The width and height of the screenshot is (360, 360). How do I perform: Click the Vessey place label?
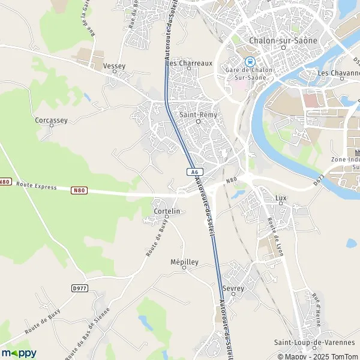point(114,65)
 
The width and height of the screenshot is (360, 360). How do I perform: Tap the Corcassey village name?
point(52,120)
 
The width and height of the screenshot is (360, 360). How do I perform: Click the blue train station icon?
point(248,61)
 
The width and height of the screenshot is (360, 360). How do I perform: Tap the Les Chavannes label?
point(338,73)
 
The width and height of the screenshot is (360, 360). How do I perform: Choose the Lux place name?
point(281,197)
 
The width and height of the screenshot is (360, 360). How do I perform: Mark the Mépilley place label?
point(185,262)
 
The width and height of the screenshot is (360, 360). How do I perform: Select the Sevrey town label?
point(233,289)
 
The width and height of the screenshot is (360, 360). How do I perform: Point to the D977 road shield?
point(79,288)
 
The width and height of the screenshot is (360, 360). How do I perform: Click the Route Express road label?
point(36,187)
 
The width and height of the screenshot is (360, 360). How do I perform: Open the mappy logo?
point(19,352)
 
